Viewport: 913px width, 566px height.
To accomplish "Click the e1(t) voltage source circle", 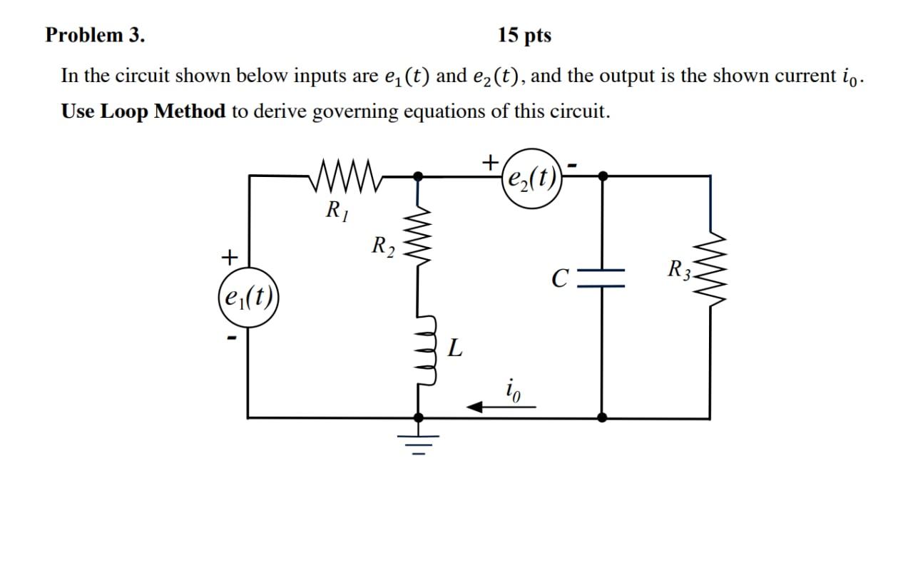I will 248,295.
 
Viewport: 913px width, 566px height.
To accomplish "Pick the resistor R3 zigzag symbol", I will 710,270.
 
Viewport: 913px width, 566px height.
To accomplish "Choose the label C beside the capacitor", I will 560,278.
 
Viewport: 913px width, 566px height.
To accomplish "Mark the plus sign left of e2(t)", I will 489,163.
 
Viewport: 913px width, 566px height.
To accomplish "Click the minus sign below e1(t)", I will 230,337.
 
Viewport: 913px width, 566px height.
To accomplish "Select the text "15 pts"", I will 524,36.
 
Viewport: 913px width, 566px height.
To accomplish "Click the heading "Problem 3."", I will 94,36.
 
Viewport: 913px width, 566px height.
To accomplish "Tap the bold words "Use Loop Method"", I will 143,112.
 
